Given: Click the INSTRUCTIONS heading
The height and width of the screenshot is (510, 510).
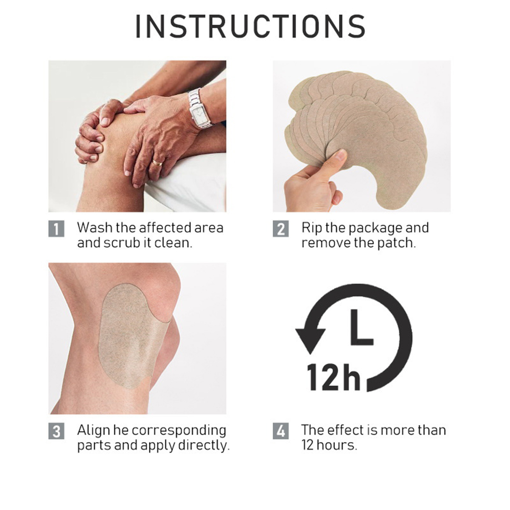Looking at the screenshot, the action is point(250,26).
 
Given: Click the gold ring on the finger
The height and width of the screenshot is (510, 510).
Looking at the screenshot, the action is point(157,163).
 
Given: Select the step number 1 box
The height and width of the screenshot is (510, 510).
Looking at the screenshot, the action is point(56,229).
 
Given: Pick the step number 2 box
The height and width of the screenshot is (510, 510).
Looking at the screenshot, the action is point(280,229).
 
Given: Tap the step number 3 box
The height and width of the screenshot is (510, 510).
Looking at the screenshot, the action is point(56,431).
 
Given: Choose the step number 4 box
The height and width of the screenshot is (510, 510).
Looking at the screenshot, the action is point(280,431).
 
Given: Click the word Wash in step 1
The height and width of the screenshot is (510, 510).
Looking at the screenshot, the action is point(95,228).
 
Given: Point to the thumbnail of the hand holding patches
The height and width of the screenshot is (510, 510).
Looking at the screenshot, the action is point(362,136).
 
